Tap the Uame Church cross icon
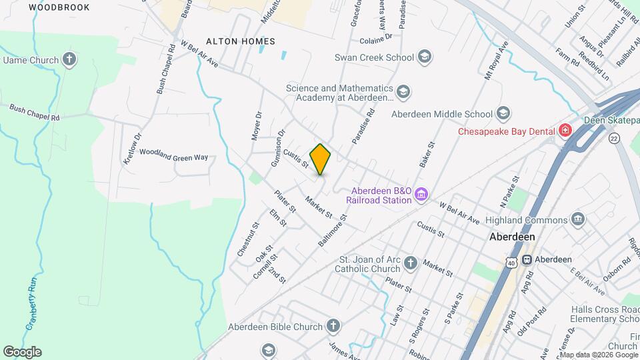[69, 60]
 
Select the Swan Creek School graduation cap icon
[424, 57]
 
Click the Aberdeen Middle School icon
[504, 113]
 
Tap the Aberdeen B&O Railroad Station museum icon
[421, 195]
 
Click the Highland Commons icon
[577, 219]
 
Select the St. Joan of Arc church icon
[411, 263]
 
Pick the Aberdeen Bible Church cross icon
[333, 326]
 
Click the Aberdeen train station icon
[527, 259]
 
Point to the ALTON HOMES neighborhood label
[240, 41]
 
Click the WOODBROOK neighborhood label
[59, 7]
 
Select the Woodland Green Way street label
[173, 158]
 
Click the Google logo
[22, 351]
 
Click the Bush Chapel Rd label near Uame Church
[35, 111]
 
